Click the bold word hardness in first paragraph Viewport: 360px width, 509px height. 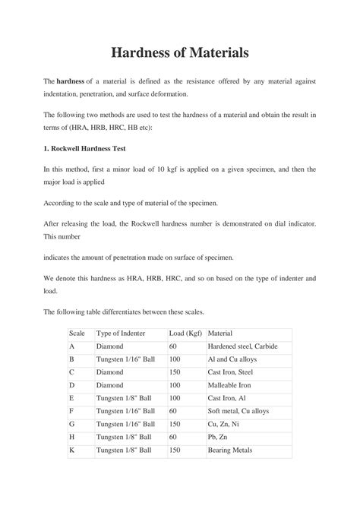71,81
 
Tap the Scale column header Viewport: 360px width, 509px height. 77,334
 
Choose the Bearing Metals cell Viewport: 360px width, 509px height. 231,451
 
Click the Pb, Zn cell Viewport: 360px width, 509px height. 220,438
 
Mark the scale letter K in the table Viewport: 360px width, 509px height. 71,451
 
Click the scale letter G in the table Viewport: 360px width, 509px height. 72,424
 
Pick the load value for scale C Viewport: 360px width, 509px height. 175,371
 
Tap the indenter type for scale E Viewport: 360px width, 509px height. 125,398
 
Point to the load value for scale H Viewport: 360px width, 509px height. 173,438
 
